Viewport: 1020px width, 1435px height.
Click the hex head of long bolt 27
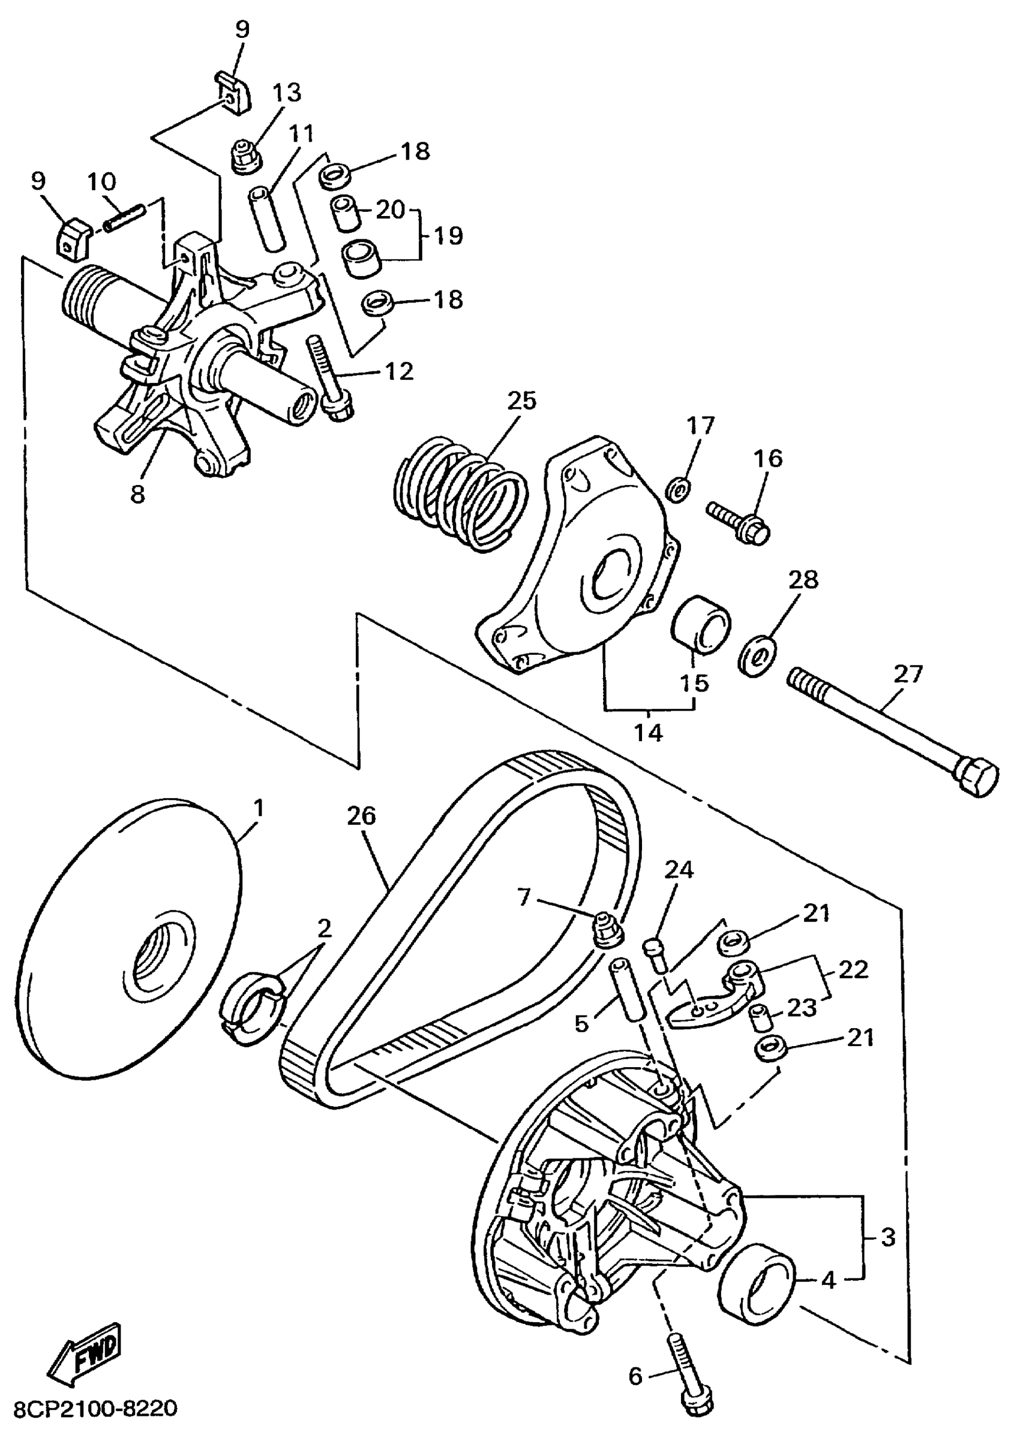pos(976,777)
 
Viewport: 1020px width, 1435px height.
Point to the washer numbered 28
pos(757,656)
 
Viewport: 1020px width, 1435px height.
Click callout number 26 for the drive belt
pos(361,816)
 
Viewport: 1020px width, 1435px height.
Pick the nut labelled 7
pos(608,928)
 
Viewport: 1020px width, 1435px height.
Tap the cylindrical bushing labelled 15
pos(701,625)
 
